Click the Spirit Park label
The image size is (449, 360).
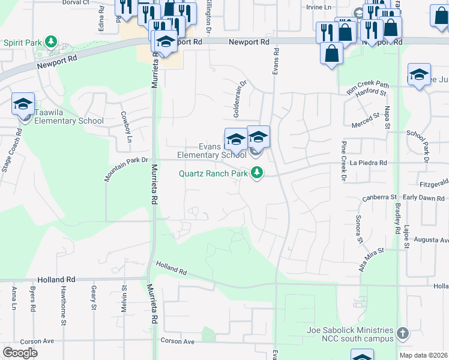(x=22, y=43)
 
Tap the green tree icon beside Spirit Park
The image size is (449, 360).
(x=52, y=42)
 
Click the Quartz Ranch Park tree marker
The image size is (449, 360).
(x=258, y=174)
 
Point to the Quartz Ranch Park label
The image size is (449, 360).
(x=213, y=174)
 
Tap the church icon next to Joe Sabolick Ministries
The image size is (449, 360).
(x=403, y=332)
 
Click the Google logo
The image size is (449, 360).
(x=20, y=352)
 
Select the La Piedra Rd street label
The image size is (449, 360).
(x=369, y=163)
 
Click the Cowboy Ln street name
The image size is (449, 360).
(x=125, y=127)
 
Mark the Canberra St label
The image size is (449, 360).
(x=379, y=197)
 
